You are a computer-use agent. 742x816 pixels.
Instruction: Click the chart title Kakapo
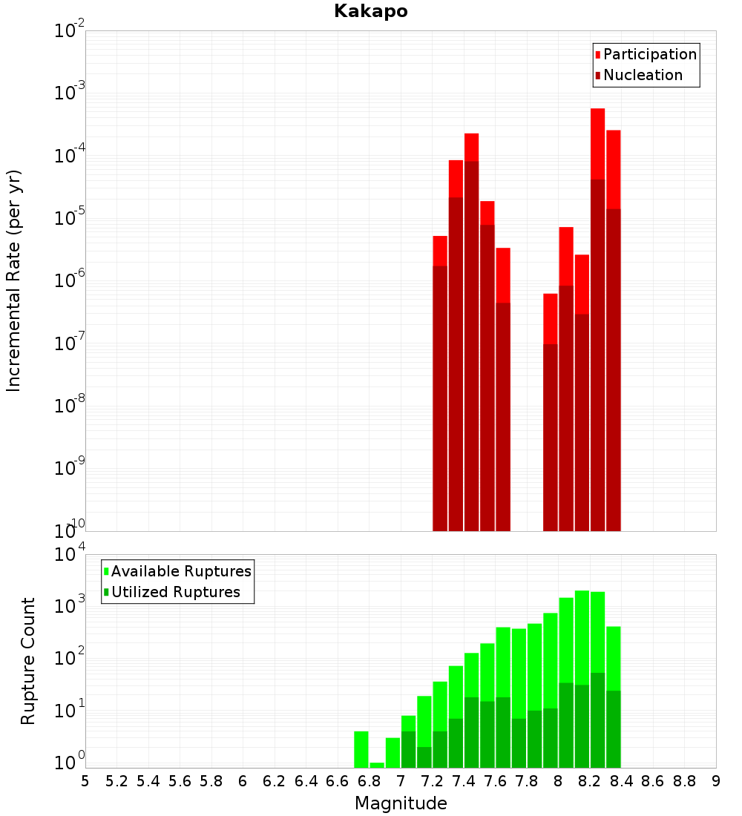tap(370, 11)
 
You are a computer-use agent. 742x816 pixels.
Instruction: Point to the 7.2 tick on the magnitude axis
tap(432, 781)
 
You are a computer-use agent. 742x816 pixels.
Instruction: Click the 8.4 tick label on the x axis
tap(622, 781)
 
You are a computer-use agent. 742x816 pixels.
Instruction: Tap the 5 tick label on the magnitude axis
tap(85, 781)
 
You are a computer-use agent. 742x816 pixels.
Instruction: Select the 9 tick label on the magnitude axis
tap(716, 781)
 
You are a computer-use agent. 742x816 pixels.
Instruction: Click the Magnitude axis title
tap(401, 803)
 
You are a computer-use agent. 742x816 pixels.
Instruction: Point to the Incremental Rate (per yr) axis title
tap(13, 280)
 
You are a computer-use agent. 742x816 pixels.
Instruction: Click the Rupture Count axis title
tap(28, 661)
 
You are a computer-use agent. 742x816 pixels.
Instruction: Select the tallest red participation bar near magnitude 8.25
tap(598, 141)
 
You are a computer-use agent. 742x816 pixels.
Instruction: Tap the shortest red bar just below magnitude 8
tap(550, 319)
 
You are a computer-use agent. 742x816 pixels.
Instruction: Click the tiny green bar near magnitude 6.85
tap(377, 765)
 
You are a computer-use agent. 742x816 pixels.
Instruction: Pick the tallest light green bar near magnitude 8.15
tap(582, 638)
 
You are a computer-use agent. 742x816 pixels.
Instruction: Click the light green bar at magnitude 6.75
tap(361, 749)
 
